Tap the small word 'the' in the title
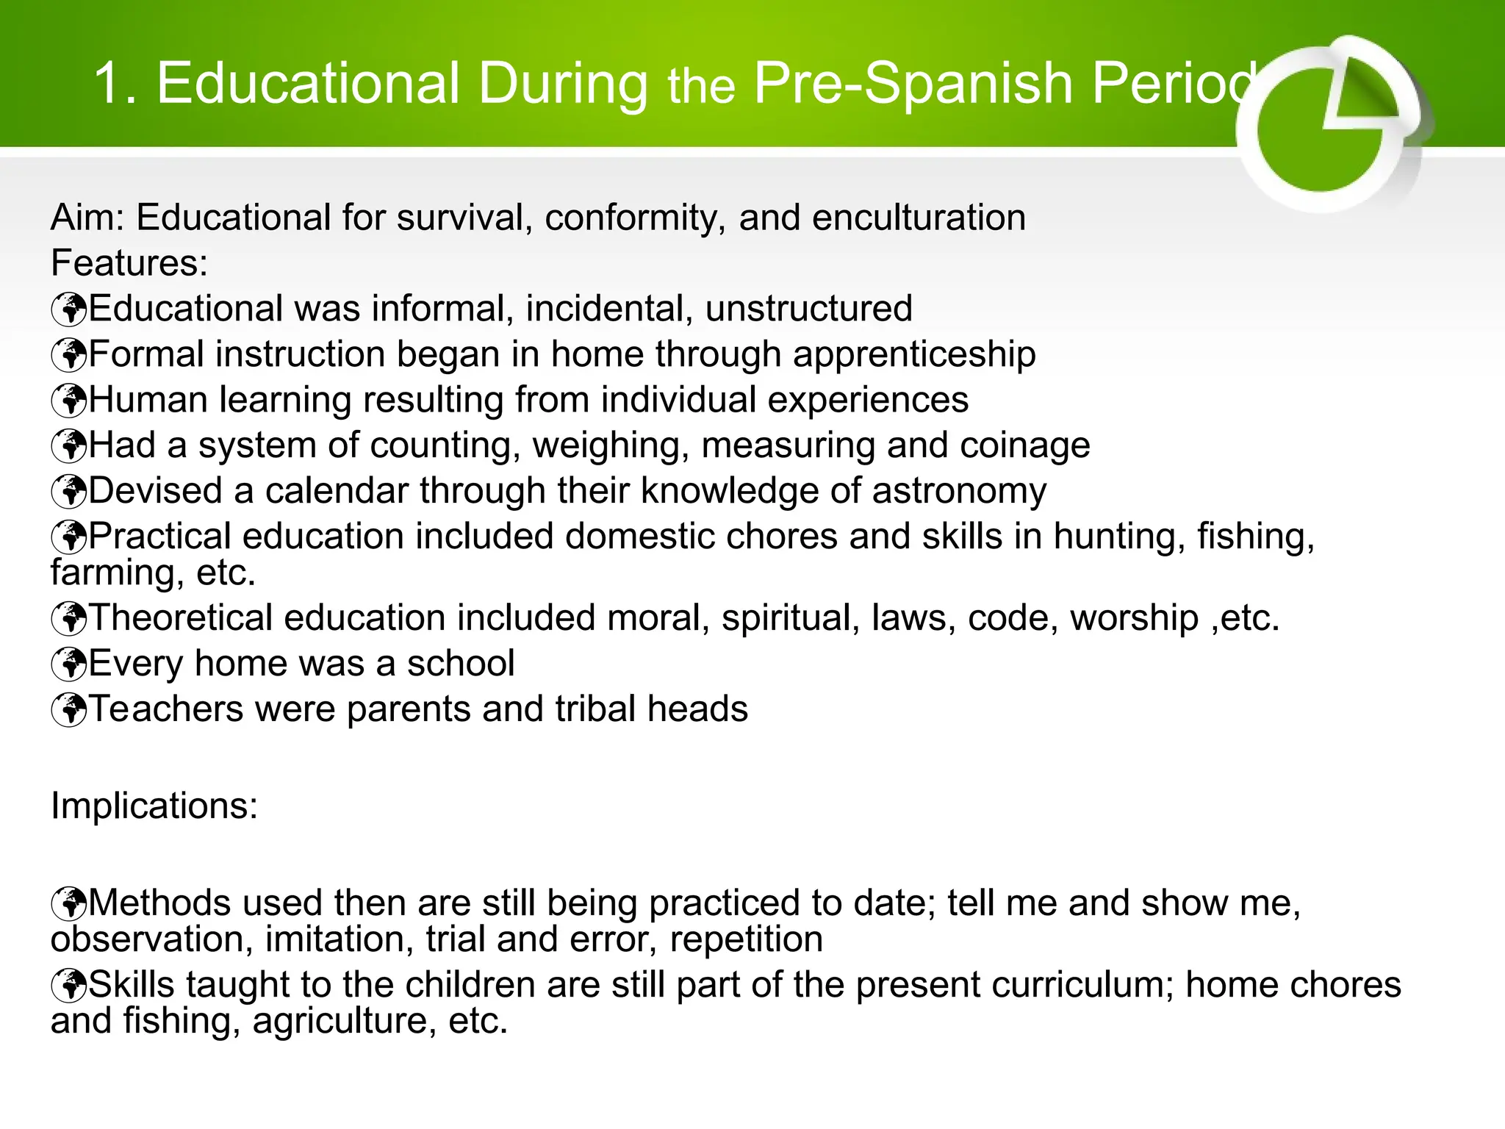click(701, 87)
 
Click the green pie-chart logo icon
click(1330, 125)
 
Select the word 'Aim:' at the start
click(87, 218)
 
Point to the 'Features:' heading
click(129, 263)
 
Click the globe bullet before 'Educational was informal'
click(69, 309)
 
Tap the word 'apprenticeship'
click(914, 355)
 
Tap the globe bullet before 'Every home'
click(69, 664)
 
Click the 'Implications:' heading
click(154, 806)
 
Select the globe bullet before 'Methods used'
click(69, 904)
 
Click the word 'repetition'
click(746, 940)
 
